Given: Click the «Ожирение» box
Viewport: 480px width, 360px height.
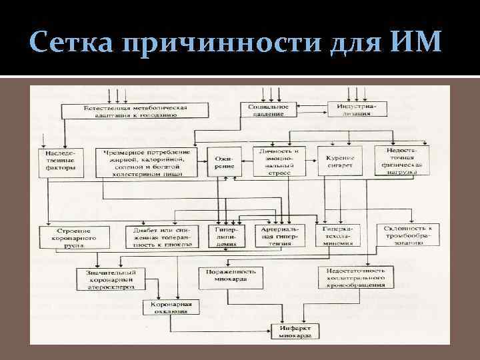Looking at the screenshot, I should [225, 162].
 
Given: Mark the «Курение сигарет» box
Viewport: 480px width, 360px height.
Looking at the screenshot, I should [339, 161].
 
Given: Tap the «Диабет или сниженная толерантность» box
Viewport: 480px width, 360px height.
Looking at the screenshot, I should [159, 237].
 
